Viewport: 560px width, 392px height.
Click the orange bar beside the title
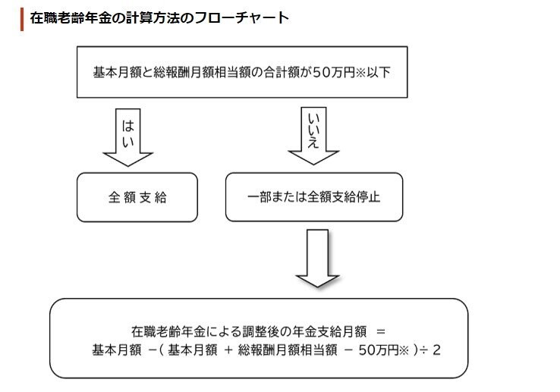[x=23, y=17]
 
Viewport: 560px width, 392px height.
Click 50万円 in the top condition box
[x=335, y=74]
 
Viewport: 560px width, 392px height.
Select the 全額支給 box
[x=137, y=197]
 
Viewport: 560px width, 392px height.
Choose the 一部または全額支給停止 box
[x=314, y=197]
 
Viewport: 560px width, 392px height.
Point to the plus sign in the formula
[x=226, y=350]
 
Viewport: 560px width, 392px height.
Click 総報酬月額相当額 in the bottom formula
[x=286, y=350]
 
